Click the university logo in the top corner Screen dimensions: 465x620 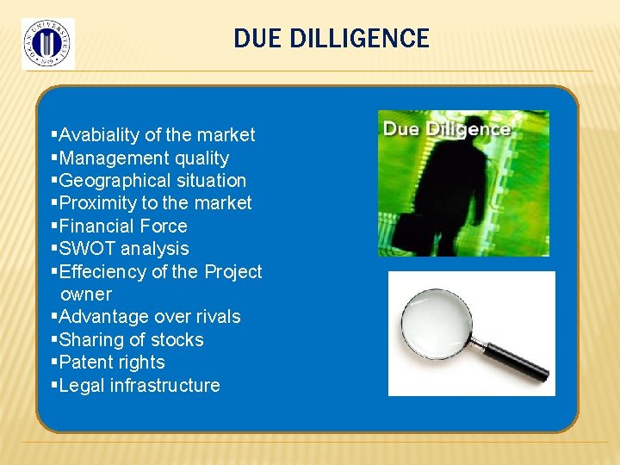47,43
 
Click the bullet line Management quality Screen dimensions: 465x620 144,158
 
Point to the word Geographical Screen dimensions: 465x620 110,181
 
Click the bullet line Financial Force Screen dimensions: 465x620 123,226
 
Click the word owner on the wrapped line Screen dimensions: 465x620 86,294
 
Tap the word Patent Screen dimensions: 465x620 85,363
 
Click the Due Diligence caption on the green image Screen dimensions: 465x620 446,129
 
